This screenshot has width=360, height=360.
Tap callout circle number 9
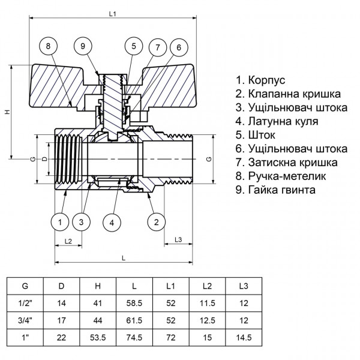tap(85, 46)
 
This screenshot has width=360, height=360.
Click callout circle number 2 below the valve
tap(156, 223)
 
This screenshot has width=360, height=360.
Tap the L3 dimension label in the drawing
tap(178, 240)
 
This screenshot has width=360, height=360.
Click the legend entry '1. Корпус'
tap(261, 80)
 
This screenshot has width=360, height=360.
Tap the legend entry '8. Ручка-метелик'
tap(281, 176)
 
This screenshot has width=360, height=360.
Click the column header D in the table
tap(61, 286)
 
